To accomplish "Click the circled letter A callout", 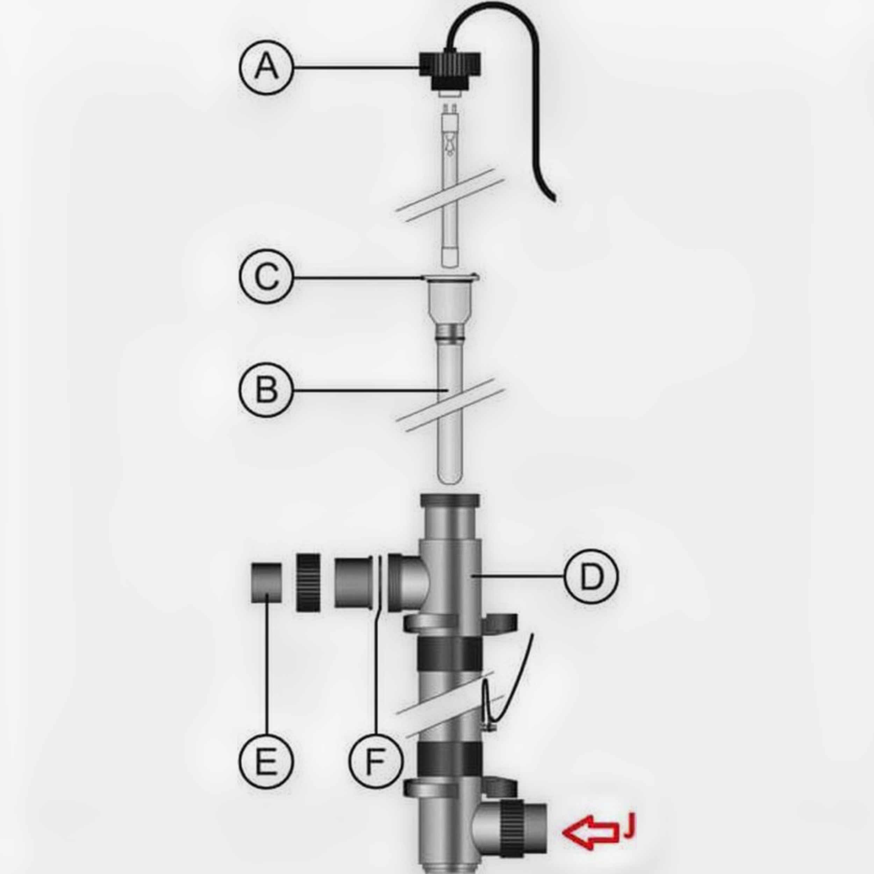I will tap(266, 67).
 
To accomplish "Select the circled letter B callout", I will tap(266, 389).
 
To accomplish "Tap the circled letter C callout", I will tap(266, 277).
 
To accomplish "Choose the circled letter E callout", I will tap(266, 761).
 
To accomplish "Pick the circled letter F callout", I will tap(376, 761).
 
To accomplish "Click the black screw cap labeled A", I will tap(450, 70).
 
